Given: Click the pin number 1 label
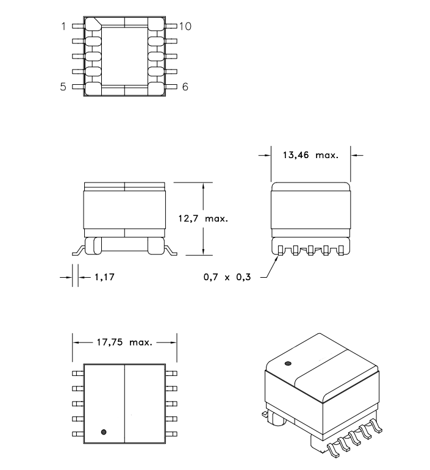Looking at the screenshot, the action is point(63,26).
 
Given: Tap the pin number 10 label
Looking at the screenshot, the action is point(185,26).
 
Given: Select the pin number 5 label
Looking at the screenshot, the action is point(63,87).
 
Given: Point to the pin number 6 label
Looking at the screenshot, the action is point(185,87).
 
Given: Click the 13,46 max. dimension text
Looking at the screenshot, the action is point(310,155).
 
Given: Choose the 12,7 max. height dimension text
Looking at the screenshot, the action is point(203,219).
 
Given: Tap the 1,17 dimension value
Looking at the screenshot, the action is point(104,277).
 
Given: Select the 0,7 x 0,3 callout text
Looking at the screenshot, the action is point(227,277).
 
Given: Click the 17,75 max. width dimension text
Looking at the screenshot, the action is point(124,342).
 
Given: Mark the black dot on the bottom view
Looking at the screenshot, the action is point(104,432).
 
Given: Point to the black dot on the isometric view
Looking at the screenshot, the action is point(288,364).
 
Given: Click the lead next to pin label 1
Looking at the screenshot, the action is point(79,26).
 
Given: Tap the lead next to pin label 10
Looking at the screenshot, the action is point(171,26).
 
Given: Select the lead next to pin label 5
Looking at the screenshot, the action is point(79,87).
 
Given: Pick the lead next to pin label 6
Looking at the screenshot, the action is point(171,87).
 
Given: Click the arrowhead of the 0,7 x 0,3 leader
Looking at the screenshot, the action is point(278,256).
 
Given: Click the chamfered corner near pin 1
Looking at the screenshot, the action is point(96,22).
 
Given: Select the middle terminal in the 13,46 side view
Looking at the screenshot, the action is point(310,250).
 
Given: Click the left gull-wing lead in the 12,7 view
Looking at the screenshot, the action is point(79,250).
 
